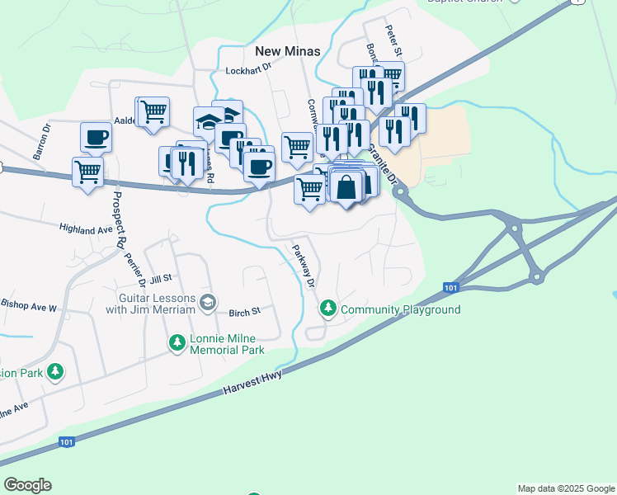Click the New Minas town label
(x=287, y=51)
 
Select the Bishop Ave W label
(x=29, y=306)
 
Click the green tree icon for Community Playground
(x=329, y=309)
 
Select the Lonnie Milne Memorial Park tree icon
(x=177, y=342)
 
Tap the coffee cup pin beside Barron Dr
(x=97, y=137)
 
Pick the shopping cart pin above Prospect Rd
(x=87, y=172)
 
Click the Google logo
(x=27, y=485)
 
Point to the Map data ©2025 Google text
(x=565, y=488)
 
